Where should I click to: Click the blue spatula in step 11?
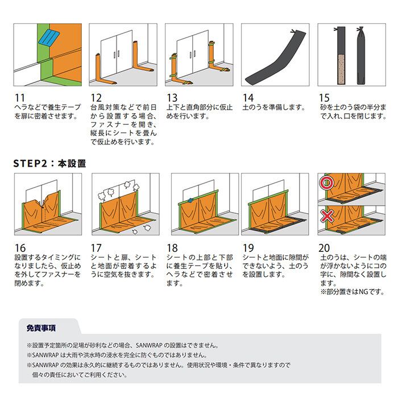click(49, 38)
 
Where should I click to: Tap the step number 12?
click(96, 98)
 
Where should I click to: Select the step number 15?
click(324, 98)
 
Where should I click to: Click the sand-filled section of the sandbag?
click(341, 69)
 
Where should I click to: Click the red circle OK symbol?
click(326, 183)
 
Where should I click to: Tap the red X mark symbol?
click(327, 217)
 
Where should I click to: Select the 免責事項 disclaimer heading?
click(41, 328)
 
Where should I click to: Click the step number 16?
click(20, 248)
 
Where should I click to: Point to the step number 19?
click(248, 248)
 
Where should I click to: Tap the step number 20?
click(325, 248)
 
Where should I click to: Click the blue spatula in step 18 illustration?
click(190, 201)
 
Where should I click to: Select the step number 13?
click(172, 98)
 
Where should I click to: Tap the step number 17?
click(96, 248)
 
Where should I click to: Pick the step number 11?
click(19, 98)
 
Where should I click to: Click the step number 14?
click(248, 98)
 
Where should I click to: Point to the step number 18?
click(172, 248)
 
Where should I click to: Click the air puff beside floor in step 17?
click(147, 227)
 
